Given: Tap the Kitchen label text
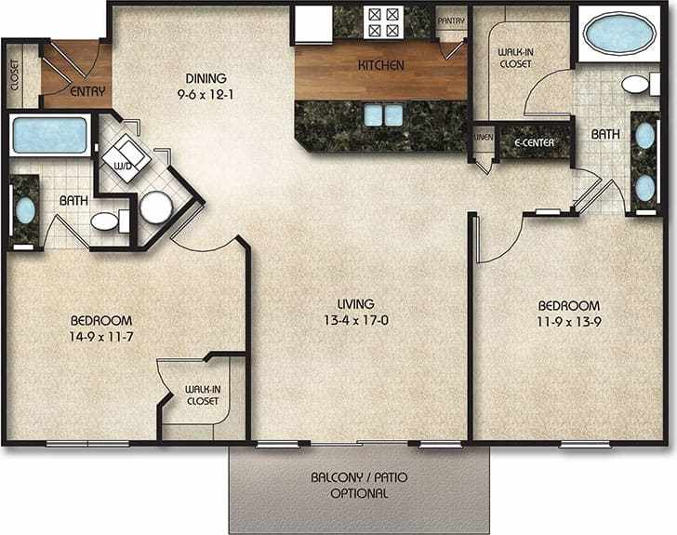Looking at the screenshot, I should [381, 66].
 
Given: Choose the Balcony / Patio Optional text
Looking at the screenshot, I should [358, 485].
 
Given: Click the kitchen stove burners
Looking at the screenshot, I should [383, 20].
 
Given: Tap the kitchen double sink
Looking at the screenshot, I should [383, 114].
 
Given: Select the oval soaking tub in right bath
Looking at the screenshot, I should [617, 35].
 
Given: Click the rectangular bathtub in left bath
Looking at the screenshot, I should [49, 136].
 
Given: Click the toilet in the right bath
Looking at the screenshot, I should [637, 86].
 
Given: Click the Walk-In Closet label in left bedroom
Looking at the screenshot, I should [201, 395].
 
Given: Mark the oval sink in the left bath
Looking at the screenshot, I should [24, 209].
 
